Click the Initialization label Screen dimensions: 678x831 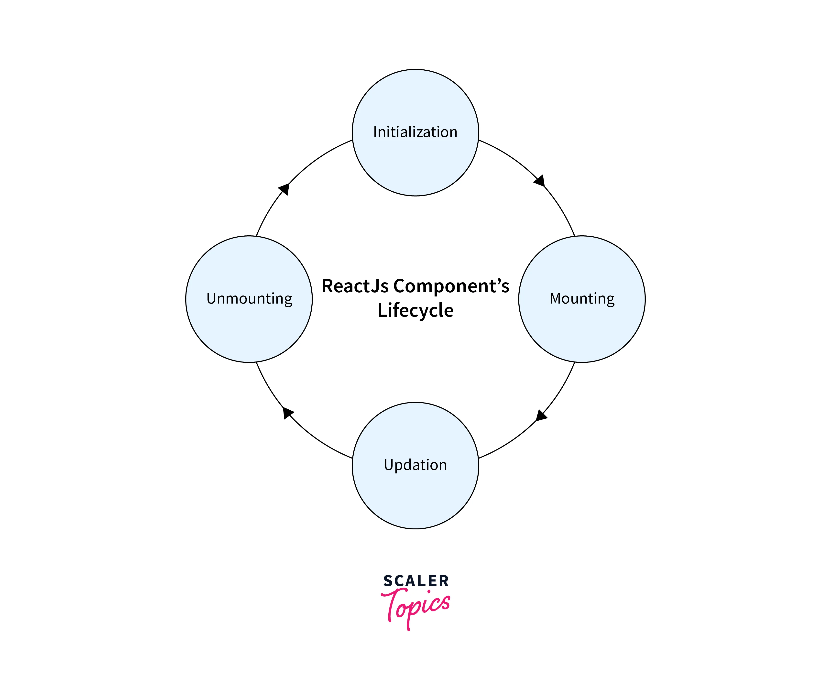[415, 132]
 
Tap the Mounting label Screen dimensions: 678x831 [582, 299]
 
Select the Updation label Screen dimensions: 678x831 [415, 465]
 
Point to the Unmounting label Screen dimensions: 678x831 [249, 299]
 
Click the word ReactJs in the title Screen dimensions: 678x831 [355, 286]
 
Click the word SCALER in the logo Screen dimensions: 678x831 [416, 581]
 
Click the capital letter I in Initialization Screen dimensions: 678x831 [375, 132]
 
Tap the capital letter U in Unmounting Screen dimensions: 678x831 [211, 298]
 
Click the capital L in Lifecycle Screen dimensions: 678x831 [382, 310]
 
